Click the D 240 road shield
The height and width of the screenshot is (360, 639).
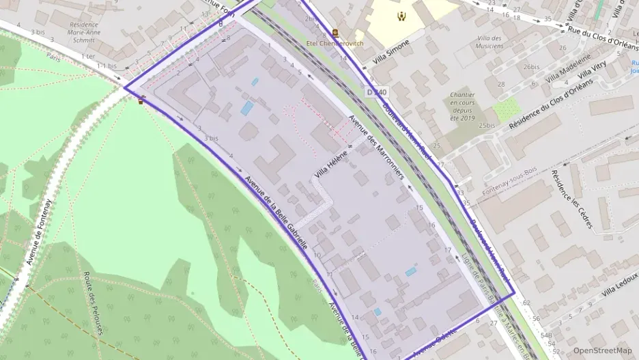(x=376, y=92)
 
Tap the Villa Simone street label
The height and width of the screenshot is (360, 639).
(x=390, y=52)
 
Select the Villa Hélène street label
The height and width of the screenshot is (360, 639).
(x=330, y=165)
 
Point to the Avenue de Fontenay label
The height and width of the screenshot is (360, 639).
(x=39, y=232)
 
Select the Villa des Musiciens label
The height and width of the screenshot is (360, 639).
(x=489, y=42)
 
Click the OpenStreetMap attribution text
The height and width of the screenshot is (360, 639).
(x=602, y=350)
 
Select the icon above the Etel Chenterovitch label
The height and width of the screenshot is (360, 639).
(x=335, y=32)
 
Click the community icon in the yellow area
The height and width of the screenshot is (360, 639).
(x=401, y=14)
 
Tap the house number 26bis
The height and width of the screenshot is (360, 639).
(x=531, y=67)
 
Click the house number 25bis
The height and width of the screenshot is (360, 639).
(x=487, y=126)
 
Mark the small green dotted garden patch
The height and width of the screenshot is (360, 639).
(x=506, y=109)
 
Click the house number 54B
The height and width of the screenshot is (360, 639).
(x=545, y=335)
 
